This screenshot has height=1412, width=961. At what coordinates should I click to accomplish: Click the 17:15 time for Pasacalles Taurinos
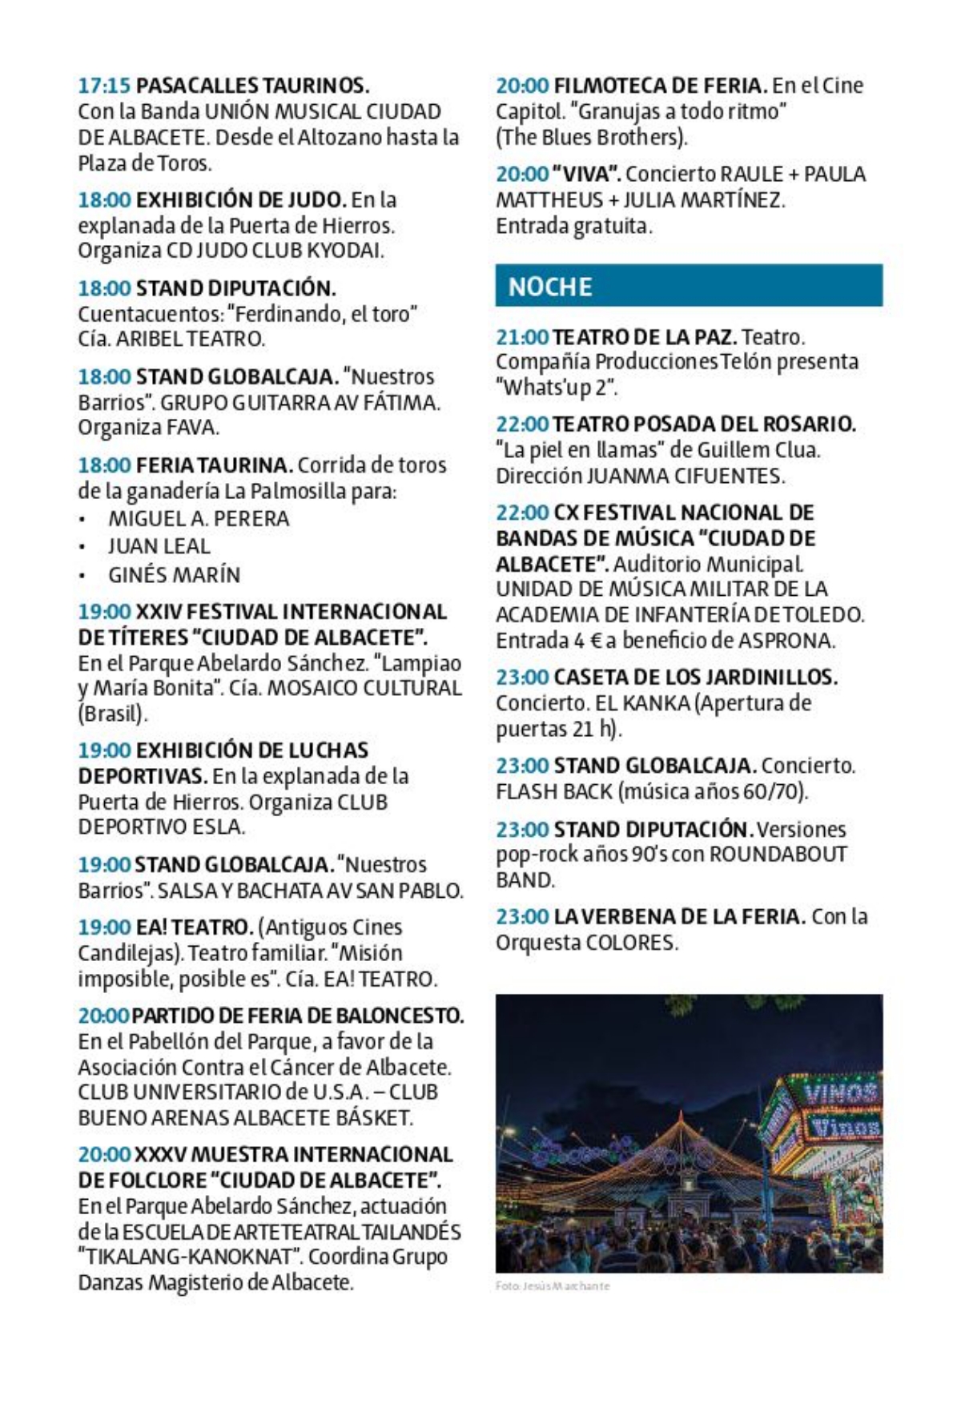(103, 85)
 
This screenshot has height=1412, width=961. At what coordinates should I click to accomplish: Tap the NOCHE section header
(550, 286)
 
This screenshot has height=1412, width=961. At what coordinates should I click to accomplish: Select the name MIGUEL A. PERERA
(199, 518)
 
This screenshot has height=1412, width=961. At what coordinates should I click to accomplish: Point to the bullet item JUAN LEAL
(159, 546)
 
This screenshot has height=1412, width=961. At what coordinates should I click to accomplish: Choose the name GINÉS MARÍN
(174, 574)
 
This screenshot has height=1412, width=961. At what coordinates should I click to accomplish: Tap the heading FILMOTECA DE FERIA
(660, 85)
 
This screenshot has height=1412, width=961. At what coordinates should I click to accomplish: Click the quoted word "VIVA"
(588, 174)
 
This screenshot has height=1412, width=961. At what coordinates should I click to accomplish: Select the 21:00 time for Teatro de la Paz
(522, 337)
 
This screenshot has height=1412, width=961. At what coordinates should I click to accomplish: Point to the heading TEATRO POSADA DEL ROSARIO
(704, 424)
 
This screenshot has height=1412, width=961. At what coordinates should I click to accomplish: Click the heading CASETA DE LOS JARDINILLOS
(695, 678)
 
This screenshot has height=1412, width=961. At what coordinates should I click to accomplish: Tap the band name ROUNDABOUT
(778, 854)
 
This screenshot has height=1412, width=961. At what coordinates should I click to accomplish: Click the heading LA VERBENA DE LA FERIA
(679, 916)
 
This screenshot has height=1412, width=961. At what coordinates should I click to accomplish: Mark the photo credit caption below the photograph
(553, 1286)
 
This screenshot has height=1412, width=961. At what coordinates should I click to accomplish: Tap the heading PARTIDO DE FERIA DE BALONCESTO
(297, 1016)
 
